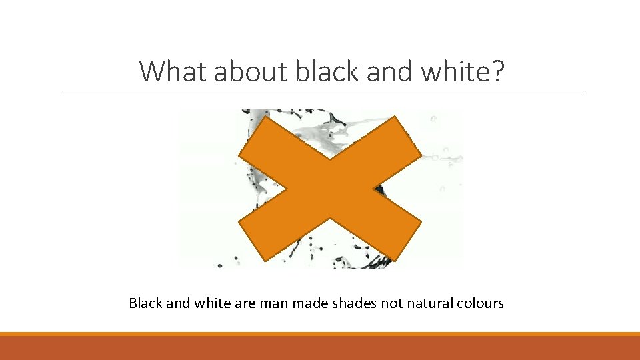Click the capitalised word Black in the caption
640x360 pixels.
(x=145, y=303)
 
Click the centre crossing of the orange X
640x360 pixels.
(x=331, y=189)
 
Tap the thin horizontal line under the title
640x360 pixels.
(x=324, y=91)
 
